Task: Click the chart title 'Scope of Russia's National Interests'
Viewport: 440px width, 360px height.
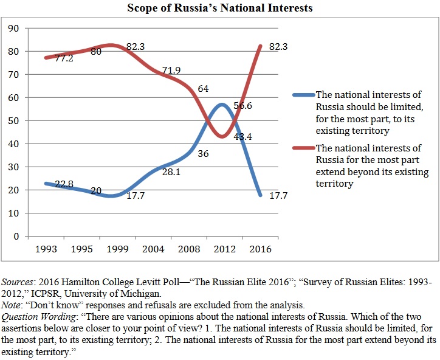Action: [220, 9]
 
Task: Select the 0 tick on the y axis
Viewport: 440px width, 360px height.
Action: [17, 237]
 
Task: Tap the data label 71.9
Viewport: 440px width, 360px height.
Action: [170, 72]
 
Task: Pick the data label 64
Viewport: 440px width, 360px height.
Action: [204, 89]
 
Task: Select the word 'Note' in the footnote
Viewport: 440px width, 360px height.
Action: [13, 305]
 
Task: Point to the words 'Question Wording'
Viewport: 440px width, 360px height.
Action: [38, 316]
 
